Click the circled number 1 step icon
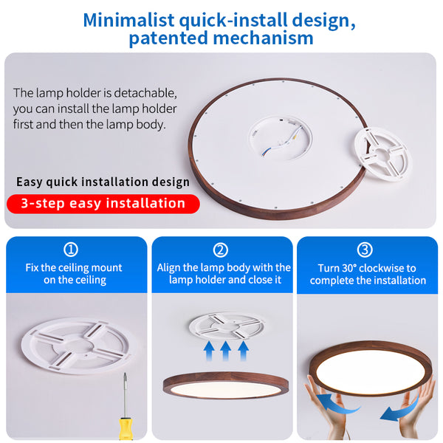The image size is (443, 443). pyautogui.click(x=72, y=250)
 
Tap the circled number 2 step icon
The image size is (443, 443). pyautogui.click(x=221, y=250)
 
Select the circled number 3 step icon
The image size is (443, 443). pyautogui.click(x=365, y=250)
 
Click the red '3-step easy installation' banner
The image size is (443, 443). pyautogui.click(x=103, y=203)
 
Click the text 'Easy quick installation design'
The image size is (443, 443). pyautogui.click(x=103, y=182)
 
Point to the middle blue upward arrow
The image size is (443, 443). pyautogui.click(x=226, y=350)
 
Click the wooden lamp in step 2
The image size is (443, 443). pyautogui.click(x=225, y=384)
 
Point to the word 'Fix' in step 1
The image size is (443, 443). pyautogui.click(x=32, y=267)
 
